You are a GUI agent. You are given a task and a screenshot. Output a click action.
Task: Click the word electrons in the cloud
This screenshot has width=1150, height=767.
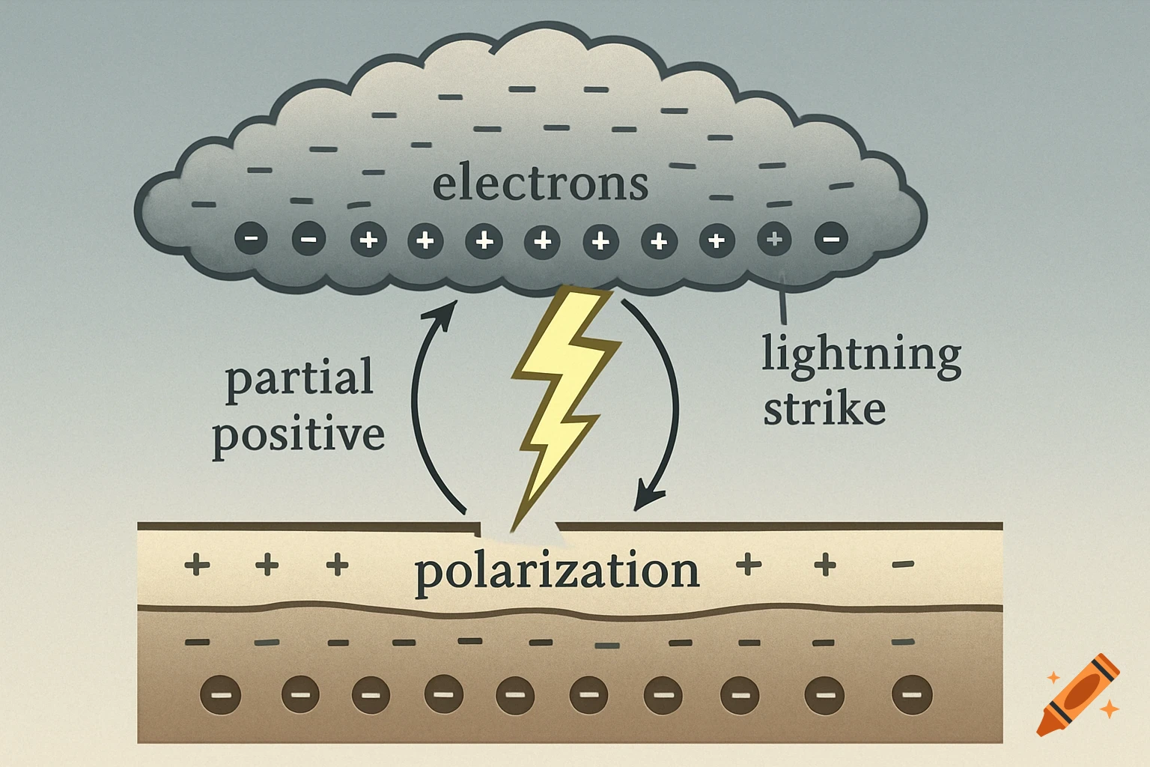540,184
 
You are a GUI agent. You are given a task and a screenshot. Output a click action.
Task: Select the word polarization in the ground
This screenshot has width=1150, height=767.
556,572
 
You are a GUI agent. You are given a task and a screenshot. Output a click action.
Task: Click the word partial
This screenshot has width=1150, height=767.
299,378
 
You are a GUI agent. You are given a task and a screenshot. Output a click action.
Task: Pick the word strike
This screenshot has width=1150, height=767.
824,410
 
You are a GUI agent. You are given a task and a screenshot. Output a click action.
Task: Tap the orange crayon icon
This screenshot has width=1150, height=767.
1079,694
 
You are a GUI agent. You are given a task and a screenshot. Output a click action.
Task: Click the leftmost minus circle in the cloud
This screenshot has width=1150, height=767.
251,240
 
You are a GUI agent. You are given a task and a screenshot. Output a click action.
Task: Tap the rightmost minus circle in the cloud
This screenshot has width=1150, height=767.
831,240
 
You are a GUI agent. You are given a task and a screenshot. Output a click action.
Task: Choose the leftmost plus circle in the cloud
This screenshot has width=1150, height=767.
368,240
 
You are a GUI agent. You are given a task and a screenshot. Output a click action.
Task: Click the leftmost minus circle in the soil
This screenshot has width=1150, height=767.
220,694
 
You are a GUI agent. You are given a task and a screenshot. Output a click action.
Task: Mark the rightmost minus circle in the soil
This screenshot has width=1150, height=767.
911,694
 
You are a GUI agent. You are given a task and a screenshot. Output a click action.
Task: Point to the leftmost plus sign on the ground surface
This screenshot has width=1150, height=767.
197,564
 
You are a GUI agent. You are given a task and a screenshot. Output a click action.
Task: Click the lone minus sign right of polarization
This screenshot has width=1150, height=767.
903,564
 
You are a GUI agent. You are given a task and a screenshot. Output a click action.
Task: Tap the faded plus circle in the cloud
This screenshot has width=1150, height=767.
774,240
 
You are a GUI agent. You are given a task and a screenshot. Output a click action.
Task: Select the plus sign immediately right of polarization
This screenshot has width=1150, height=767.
749,564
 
